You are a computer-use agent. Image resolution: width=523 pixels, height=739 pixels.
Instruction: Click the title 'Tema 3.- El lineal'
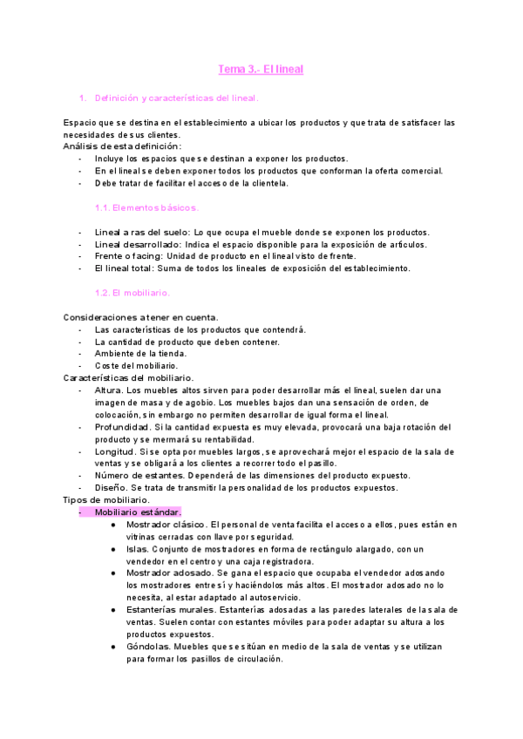click(260, 69)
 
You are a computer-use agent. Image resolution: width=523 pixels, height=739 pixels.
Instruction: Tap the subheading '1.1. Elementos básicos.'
click(146, 207)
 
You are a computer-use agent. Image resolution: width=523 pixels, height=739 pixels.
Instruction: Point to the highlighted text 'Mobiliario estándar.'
click(138, 512)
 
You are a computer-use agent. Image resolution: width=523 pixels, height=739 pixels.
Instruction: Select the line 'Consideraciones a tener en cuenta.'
click(141, 317)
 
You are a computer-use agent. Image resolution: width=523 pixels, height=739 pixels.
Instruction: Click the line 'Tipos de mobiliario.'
click(105, 499)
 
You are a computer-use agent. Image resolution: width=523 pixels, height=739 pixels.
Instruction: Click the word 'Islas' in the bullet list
click(137, 549)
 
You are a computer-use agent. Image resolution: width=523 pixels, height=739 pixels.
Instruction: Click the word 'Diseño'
click(110, 488)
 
